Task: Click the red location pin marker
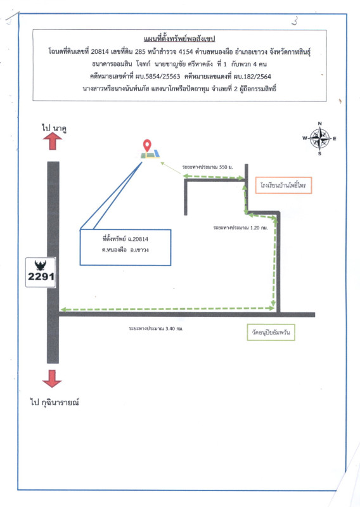147,146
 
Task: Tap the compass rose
319,139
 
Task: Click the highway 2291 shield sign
41,273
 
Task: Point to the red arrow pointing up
53,141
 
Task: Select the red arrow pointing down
52,378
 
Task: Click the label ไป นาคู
54,128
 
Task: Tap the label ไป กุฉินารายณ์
55,402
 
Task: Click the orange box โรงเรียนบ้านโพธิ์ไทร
283,185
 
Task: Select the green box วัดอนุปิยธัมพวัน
271,332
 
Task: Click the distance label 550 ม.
207,167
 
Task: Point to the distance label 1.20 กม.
240,228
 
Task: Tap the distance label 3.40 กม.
156,328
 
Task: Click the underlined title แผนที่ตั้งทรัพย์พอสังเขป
179,39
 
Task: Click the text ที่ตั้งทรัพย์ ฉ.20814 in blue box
125,239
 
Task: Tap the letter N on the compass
320,124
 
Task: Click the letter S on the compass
319,153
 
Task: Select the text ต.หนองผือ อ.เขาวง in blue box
125,250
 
